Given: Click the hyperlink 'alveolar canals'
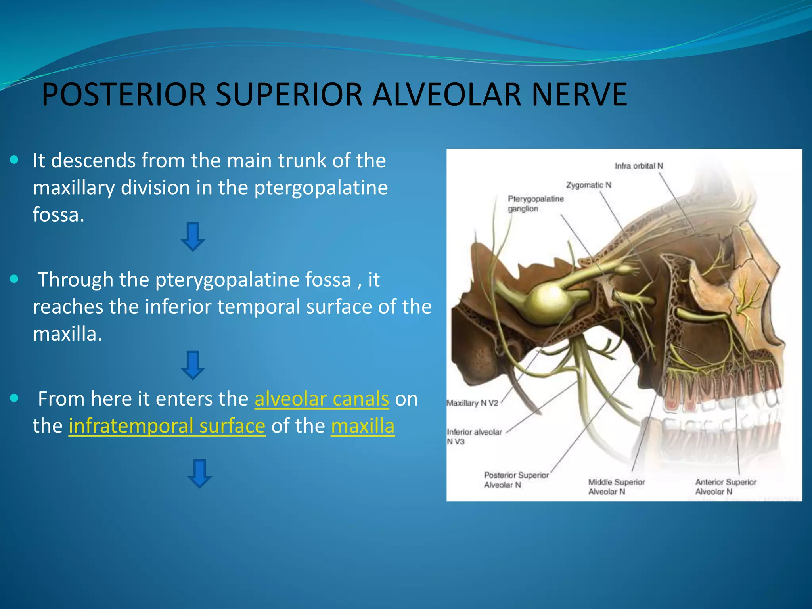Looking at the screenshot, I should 322,399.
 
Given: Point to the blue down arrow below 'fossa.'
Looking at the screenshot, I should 193,237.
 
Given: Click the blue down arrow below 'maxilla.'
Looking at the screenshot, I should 193,365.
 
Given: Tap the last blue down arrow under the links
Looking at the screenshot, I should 199,473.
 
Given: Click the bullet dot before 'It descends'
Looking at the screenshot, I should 15,160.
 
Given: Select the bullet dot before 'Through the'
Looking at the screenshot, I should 15,279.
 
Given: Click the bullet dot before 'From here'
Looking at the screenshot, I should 15,398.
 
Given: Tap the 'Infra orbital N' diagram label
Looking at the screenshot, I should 638,166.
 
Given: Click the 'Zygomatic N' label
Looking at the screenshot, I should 588,185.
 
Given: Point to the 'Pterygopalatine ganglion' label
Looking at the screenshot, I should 535,203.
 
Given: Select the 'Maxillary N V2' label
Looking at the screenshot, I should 472,403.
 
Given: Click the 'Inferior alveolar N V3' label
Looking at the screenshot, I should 474,437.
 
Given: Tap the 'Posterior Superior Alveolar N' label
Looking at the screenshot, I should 516,480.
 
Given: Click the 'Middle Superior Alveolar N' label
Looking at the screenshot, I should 616,486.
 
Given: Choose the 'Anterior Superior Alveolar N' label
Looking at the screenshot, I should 725,486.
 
